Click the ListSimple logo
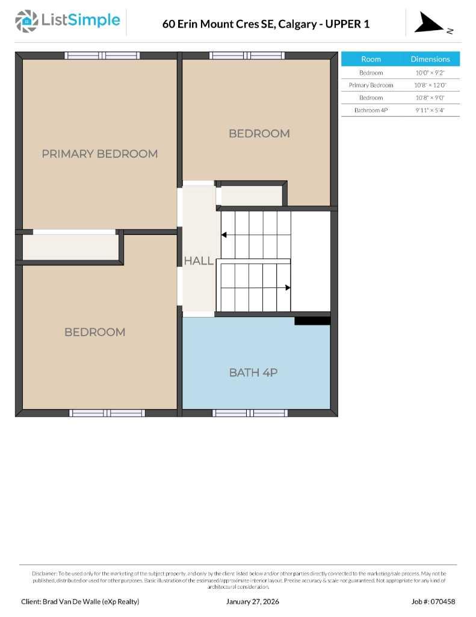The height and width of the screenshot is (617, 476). pyautogui.click(x=67, y=21)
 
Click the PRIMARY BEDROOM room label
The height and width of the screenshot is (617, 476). pyautogui.click(x=100, y=154)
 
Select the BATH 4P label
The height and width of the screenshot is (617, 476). pyautogui.click(x=253, y=372)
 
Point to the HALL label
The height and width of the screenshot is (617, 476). pyautogui.click(x=199, y=261)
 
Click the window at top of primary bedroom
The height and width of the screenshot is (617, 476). pyautogui.click(x=102, y=55)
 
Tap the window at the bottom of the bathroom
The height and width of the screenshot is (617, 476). pyautogui.click(x=250, y=413)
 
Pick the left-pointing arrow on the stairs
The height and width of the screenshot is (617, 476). pyautogui.click(x=224, y=235)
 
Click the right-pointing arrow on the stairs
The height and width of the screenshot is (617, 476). pyautogui.click(x=288, y=287)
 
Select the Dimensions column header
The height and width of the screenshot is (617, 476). pyautogui.click(x=430, y=59)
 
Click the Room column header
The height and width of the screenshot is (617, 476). pyautogui.click(x=371, y=59)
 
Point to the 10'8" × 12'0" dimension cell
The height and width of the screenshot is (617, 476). pyautogui.click(x=430, y=85)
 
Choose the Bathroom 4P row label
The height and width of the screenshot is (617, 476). pyautogui.click(x=371, y=110)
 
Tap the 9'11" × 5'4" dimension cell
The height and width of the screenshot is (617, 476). pyautogui.click(x=430, y=110)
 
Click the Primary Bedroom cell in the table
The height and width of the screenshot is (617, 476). pyautogui.click(x=371, y=85)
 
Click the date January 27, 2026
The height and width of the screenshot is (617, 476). pyautogui.click(x=253, y=601)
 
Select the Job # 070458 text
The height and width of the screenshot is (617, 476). pyautogui.click(x=433, y=601)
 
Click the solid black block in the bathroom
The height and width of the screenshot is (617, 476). pyautogui.click(x=312, y=321)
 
